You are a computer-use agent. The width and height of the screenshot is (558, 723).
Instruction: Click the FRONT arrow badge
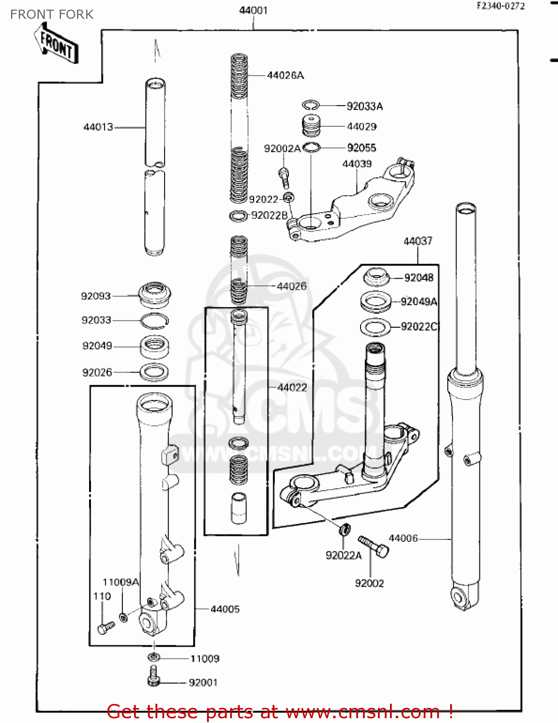(57, 44)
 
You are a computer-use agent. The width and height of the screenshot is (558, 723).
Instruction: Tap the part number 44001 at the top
(253, 10)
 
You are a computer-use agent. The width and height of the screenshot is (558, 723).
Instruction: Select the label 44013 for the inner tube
(98, 127)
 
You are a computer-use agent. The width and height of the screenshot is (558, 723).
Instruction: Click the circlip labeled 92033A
(311, 105)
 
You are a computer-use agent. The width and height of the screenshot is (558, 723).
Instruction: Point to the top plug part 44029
(311, 126)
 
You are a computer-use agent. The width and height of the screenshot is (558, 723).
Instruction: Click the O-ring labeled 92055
(311, 147)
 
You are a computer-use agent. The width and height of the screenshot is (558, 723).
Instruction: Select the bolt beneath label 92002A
(285, 177)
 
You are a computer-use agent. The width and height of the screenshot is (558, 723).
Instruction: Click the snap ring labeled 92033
(154, 321)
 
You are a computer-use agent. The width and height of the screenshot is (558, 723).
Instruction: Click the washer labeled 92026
(154, 372)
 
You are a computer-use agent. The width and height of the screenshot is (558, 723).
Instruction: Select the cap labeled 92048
(376, 278)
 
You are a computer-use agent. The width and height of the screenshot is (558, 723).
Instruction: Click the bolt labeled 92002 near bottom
(374, 547)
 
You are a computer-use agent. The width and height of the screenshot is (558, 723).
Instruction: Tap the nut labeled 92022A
(345, 529)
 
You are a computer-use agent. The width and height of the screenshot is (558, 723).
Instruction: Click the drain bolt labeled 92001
(153, 676)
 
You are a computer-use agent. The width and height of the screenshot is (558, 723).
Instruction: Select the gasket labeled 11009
(153, 657)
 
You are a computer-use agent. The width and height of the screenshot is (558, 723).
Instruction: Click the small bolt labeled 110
(105, 627)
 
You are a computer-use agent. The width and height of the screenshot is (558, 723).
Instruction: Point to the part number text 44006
(403, 538)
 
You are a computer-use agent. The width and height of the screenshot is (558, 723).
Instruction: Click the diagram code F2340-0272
(500, 6)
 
